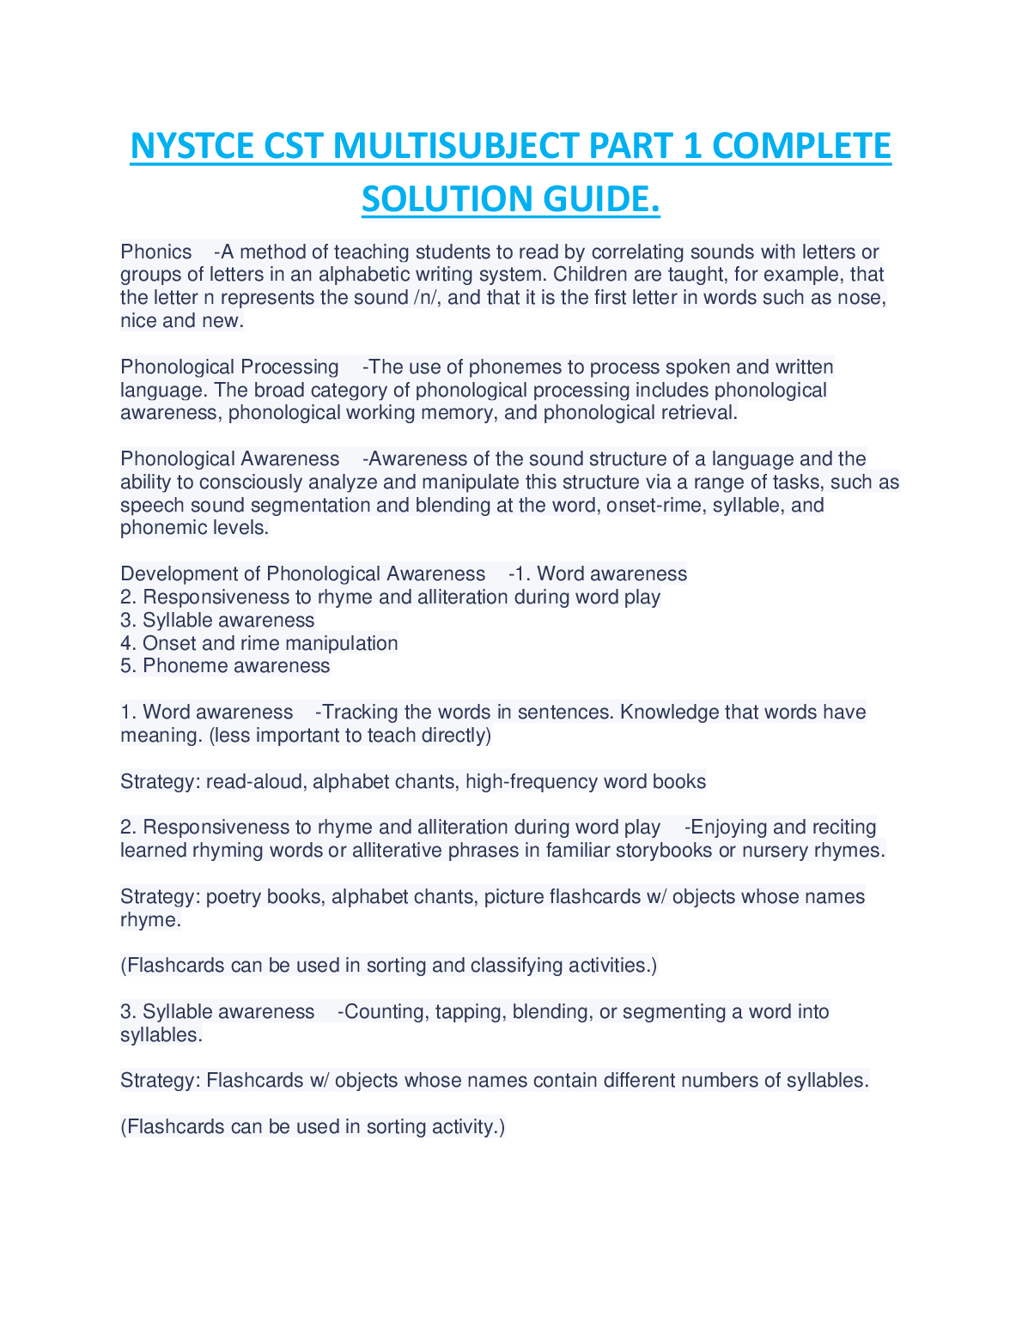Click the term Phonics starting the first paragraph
click(156, 252)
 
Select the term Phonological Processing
click(229, 367)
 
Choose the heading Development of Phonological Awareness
click(302, 574)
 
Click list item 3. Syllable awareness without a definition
click(217, 621)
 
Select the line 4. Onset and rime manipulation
click(259, 644)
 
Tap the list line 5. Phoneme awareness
click(225, 666)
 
